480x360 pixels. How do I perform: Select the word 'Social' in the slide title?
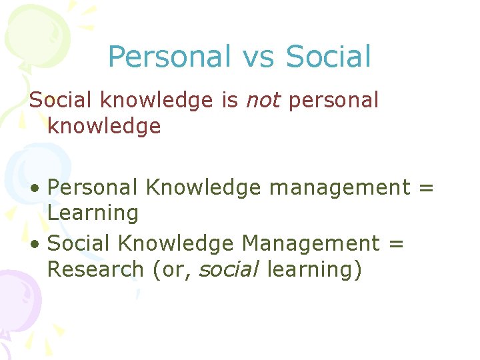328,57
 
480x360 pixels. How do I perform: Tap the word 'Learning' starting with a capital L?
93,213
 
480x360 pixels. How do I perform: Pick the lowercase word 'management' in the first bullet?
340,188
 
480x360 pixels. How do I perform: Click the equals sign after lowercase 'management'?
426,189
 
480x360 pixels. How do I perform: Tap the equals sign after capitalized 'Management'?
395,244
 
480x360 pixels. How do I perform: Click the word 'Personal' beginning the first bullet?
93,188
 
